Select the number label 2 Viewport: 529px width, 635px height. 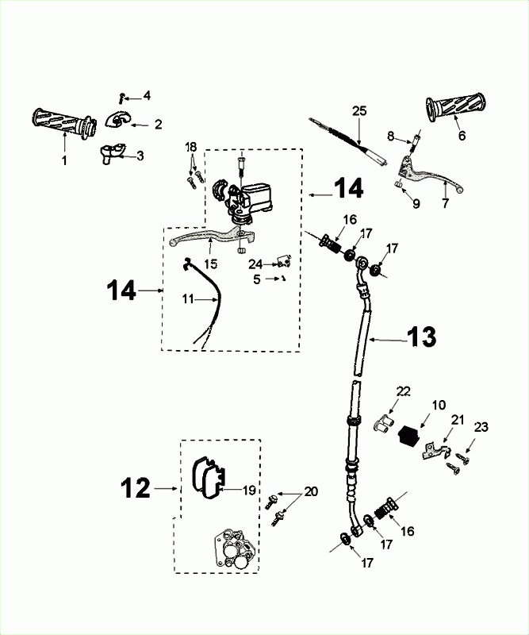(158, 124)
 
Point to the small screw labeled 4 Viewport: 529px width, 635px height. (121, 98)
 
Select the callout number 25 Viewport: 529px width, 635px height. (359, 110)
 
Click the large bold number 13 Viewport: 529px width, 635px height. (422, 337)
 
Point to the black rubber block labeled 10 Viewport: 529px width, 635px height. (409, 435)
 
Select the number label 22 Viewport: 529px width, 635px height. (404, 391)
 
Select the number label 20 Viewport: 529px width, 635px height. (310, 491)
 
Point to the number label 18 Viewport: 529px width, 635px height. (190, 147)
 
